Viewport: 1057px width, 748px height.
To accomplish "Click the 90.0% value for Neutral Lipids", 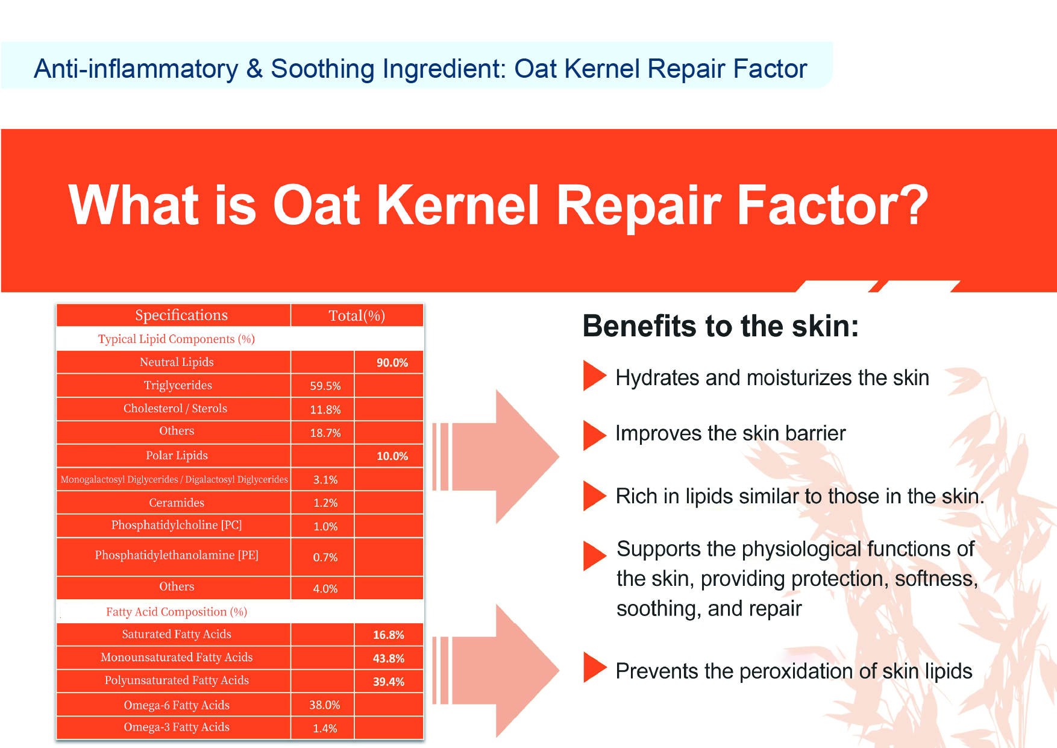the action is [392, 362].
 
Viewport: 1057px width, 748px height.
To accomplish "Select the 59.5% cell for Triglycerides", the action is [325, 386].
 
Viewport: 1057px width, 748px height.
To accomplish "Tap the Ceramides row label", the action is [177, 503].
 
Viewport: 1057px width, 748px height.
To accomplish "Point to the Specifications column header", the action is [181, 315].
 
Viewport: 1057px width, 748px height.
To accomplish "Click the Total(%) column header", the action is [357, 316].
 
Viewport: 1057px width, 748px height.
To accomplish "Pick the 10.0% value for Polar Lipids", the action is [392, 456].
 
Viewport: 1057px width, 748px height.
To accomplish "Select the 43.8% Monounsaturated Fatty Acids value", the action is [389, 659].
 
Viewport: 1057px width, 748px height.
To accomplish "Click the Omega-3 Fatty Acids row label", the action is [177, 727].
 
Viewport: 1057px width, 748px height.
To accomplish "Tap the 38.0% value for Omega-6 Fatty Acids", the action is [325, 705].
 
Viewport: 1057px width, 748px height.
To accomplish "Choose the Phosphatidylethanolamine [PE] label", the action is [177, 555].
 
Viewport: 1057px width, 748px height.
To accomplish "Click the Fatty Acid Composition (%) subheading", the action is [177, 612].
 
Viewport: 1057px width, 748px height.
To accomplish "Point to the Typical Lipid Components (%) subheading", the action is [177, 339].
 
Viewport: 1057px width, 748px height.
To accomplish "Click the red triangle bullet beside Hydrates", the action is [594, 376].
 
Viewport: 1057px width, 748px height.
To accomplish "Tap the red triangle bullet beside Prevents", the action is [594, 668].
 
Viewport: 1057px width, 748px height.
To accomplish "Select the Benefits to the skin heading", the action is [721, 327].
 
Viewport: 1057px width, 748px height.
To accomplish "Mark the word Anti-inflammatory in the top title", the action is [136, 69].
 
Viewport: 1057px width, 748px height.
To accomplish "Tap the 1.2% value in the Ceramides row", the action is [325, 503].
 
